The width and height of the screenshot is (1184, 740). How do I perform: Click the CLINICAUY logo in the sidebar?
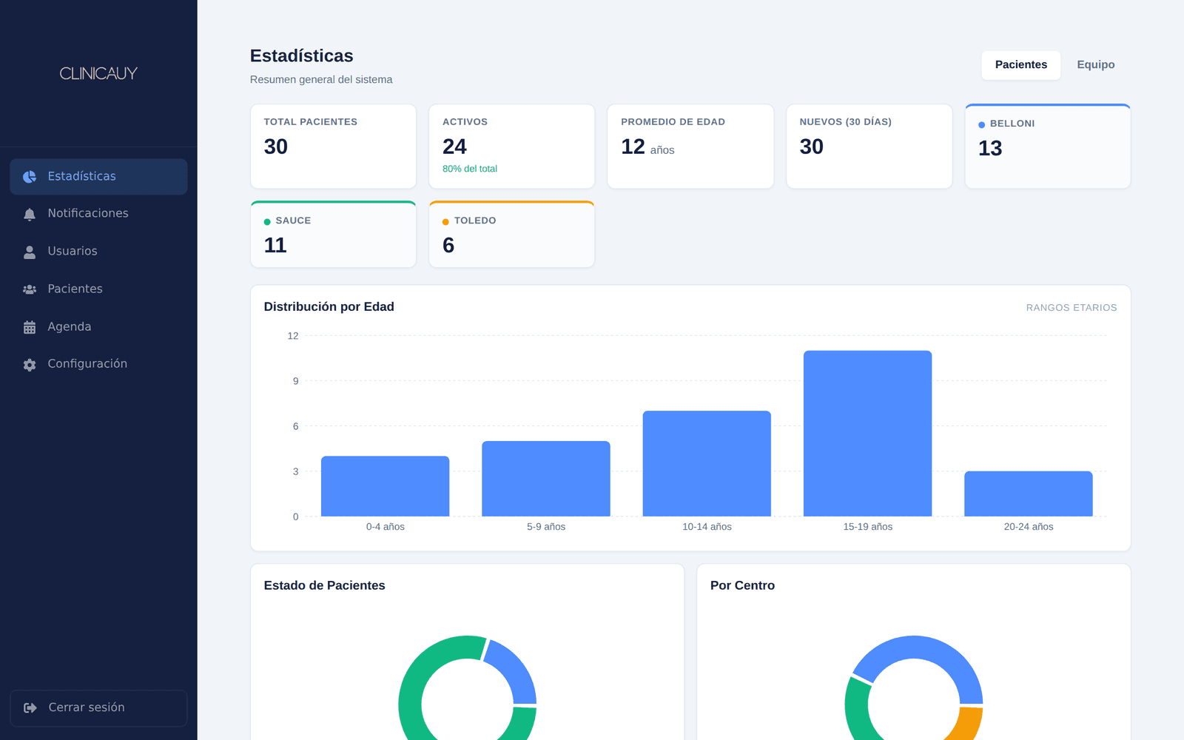point(98,73)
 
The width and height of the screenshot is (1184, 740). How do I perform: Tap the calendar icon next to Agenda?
point(30,327)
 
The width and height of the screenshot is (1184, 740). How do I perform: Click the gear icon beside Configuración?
point(30,365)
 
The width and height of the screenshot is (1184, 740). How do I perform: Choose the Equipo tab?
point(1096,64)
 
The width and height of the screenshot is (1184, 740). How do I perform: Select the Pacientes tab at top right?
point(1020,64)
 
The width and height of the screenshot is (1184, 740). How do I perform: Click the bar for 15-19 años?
point(867,434)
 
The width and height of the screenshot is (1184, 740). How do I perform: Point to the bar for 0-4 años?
point(385,486)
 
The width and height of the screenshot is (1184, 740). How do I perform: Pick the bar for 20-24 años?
point(1028,494)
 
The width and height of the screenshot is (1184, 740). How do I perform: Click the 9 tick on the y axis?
point(295,381)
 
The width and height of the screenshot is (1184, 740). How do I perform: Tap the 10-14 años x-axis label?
point(707,527)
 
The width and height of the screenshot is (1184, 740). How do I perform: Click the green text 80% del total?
point(469,169)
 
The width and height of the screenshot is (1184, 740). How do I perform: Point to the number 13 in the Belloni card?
point(990,149)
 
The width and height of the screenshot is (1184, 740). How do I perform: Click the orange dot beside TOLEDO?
point(445,221)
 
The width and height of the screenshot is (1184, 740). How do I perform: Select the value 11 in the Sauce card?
point(275,245)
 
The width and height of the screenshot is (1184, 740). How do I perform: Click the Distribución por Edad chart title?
point(329,306)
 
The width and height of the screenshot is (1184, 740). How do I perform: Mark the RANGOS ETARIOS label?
point(1072,308)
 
